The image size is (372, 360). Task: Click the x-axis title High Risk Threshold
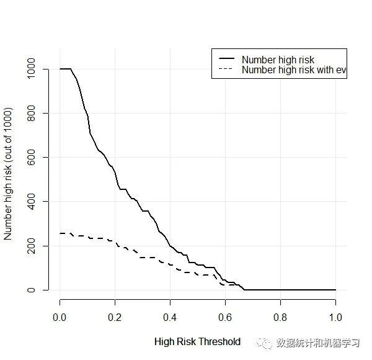pyautogui.click(x=197, y=341)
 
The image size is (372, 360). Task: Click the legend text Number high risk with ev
pyautogui.click(x=293, y=70)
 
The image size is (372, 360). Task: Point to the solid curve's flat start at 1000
pyautogui.click(x=65, y=69)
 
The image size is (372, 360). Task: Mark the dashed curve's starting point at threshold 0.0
pyautogui.click(x=61, y=233)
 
